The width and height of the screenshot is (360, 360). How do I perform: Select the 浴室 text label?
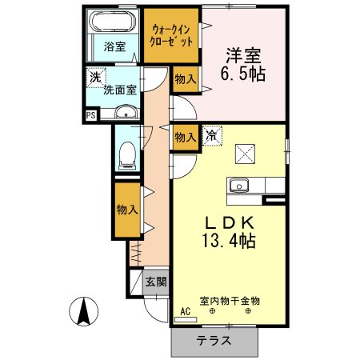114,47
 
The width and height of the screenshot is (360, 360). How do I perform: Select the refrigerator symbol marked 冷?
211,136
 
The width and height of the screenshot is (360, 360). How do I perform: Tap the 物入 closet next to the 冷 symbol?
184,137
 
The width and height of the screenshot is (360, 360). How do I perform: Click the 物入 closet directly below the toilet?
126,210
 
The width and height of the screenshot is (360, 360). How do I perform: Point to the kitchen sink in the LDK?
238,186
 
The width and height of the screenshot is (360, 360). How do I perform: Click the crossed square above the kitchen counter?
243,153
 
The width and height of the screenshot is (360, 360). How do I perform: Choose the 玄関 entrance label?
156,282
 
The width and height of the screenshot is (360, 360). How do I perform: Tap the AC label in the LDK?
185,311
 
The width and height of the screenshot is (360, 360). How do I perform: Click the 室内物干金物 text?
230,301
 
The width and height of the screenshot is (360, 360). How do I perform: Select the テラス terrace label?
214,339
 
